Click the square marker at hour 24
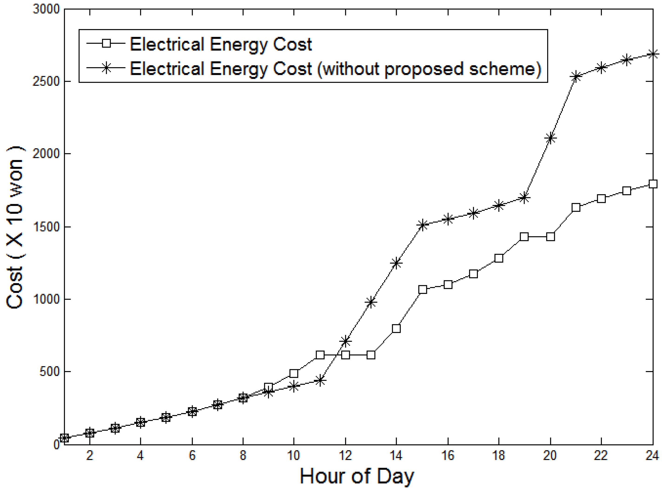tap(652, 184)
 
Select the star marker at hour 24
tap(652, 54)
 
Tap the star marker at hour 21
tap(576, 77)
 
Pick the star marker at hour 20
tap(550, 138)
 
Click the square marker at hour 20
tap(550, 237)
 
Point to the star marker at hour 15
tap(422, 225)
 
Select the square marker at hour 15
tap(422, 289)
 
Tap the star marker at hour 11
tap(320, 380)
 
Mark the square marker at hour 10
tap(294, 373)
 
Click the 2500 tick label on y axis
tap(46, 82)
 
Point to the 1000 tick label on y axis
tap(46, 299)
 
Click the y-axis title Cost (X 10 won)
tap(15, 227)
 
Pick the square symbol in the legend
tap(106, 44)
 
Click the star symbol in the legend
tap(106, 68)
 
